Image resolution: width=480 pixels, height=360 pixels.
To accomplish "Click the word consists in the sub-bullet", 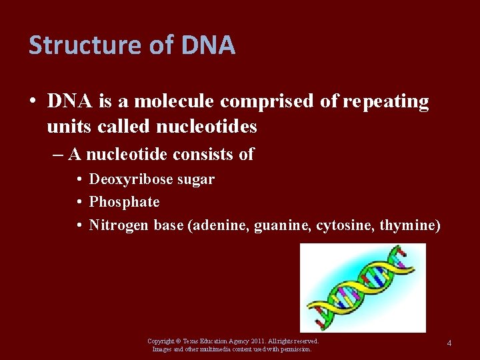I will click(199, 155).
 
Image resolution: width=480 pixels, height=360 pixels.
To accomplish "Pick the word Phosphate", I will click(125, 202).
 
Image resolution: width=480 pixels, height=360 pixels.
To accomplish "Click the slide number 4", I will click(449, 343).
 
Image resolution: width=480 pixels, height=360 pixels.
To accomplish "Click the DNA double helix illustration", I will click(363, 287).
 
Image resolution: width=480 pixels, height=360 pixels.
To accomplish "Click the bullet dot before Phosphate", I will click(79, 202).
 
